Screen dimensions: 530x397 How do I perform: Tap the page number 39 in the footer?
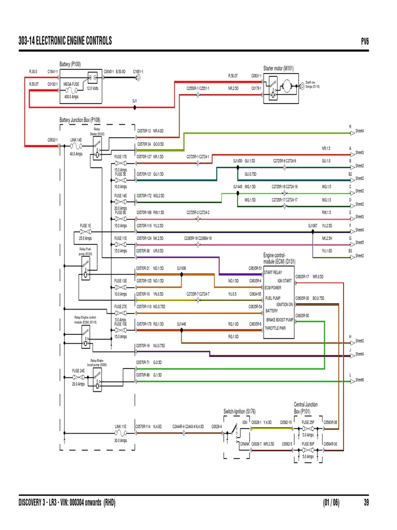tap(366, 502)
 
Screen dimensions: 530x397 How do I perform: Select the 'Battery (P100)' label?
tap(70, 64)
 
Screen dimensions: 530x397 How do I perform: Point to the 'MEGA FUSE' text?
tap(71, 83)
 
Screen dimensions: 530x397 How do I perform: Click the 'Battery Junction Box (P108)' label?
tap(80, 120)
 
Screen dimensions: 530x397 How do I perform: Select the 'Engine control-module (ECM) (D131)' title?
tap(279, 258)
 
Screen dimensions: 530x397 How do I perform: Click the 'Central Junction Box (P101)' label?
tap(306, 407)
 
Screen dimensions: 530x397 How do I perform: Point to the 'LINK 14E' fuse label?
tap(76, 140)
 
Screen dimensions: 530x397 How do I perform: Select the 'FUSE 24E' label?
tap(78, 371)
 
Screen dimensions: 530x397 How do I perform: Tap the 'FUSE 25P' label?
tap(308, 422)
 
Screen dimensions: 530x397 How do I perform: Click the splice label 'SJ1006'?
tap(181, 268)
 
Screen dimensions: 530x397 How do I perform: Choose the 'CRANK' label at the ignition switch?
tap(245, 444)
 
